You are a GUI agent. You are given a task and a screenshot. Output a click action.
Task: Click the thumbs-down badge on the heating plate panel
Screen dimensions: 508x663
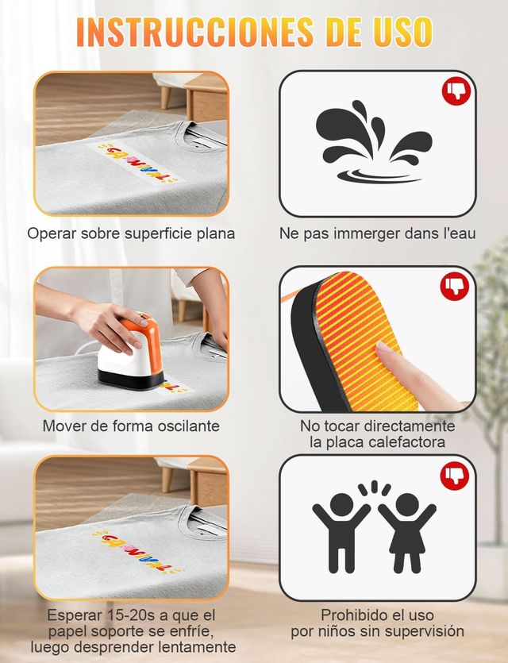tap(455, 287)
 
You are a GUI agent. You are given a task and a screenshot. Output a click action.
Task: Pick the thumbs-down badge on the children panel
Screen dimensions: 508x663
tap(455, 476)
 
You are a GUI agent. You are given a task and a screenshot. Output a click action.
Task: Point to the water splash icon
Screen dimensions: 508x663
tap(374, 141)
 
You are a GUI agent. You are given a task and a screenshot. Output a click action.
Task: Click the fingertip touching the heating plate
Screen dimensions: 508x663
tap(385, 349)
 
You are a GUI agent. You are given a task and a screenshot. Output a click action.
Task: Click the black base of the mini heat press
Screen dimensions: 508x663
tap(131, 380)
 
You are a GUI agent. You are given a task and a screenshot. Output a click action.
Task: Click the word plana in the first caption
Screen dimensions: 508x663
tap(216, 233)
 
